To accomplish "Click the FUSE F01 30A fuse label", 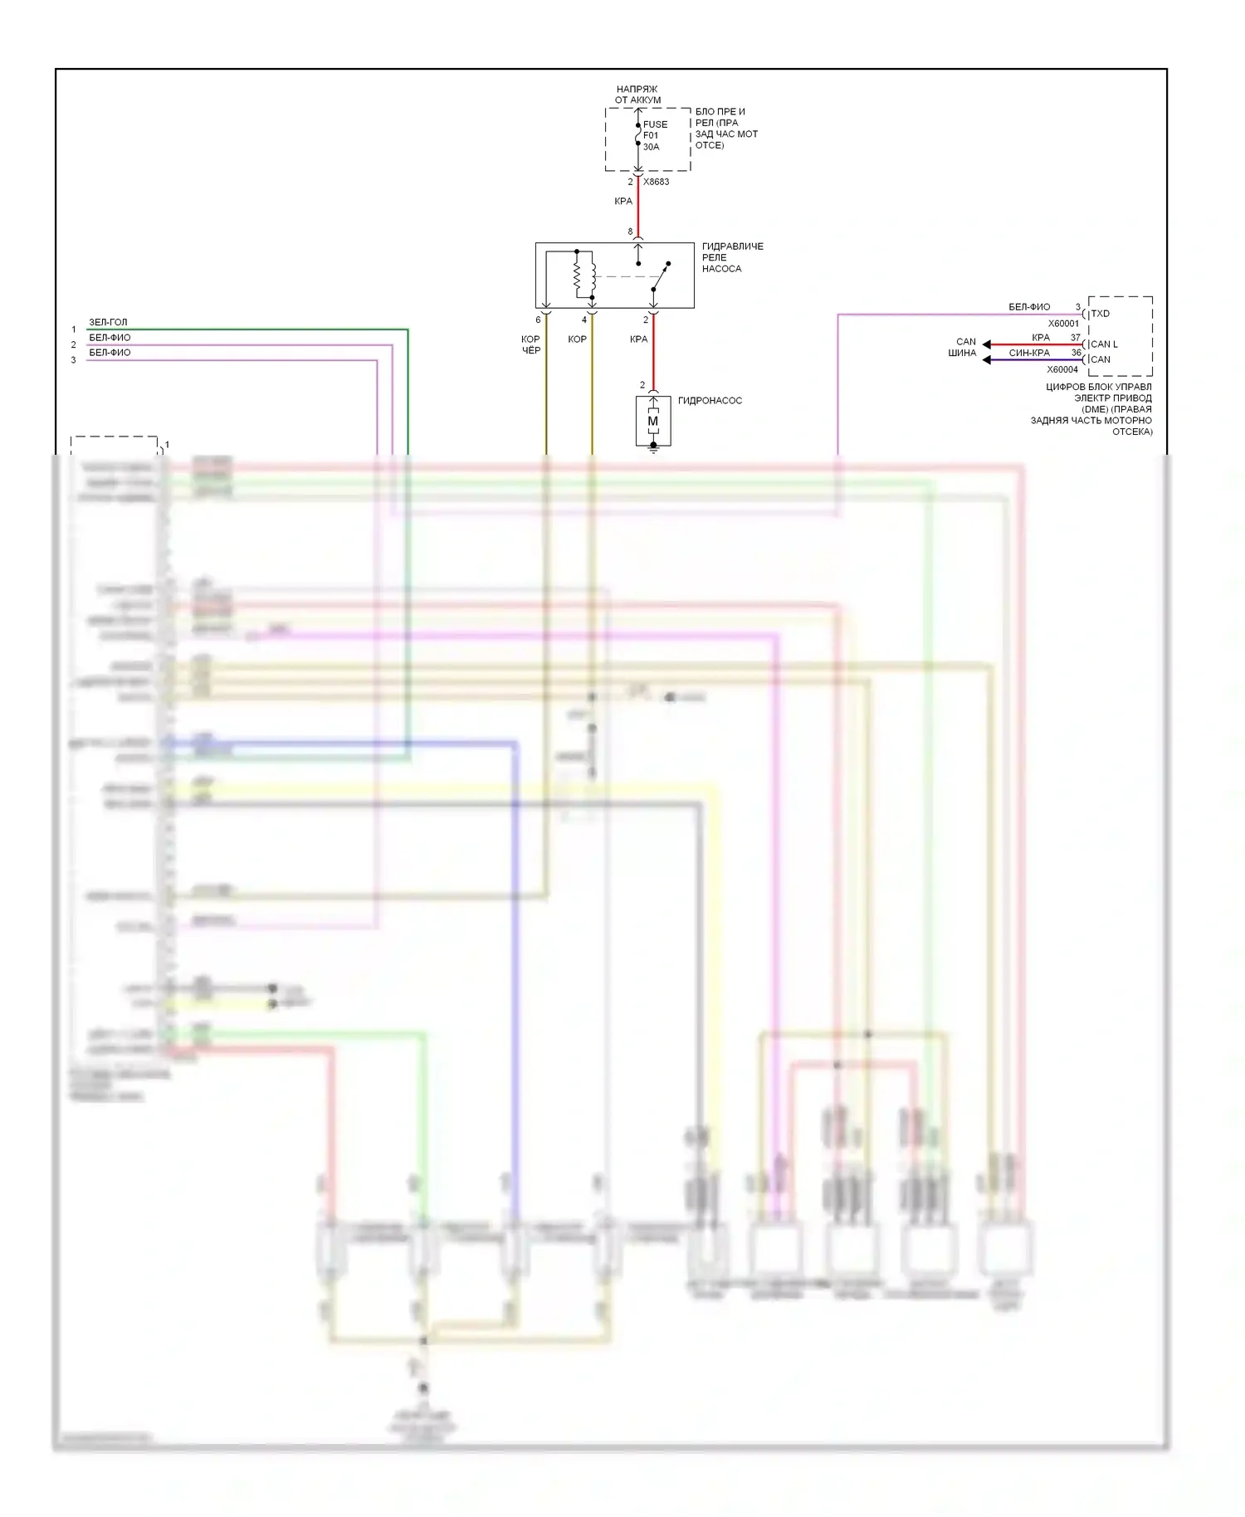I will (x=654, y=135).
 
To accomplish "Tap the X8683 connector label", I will (x=656, y=182).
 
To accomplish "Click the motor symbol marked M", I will (x=653, y=422).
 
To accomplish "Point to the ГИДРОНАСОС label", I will (x=710, y=401).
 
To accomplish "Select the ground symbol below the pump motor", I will (x=653, y=448).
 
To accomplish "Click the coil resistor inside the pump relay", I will (x=579, y=275).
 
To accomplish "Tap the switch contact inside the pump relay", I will (x=660, y=277).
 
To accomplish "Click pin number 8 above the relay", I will (x=630, y=232).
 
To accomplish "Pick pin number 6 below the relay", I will (x=538, y=319).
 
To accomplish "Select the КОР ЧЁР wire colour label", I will (x=531, y=344).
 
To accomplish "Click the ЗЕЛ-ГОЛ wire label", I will (x=108, y=322).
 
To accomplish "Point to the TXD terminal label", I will (x=1101, y=314).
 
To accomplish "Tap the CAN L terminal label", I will (x=1104, y=344).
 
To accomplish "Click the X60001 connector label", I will (x=1063, y=324).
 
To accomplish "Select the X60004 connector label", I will (x=1062, y=369).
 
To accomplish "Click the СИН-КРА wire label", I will (x=1029, y=353).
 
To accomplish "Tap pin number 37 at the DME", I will (x=1076, y=338).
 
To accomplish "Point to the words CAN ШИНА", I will (x=964, y=347).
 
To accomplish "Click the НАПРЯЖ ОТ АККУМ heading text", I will (x=637, y=95).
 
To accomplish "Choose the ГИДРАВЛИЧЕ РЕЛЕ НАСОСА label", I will (x=732, y=257).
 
